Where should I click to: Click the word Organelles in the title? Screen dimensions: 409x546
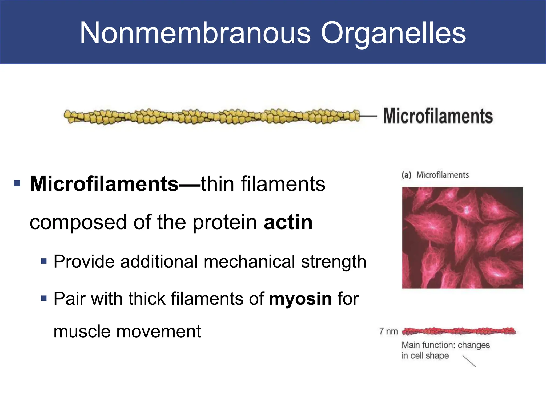tap(393, 33)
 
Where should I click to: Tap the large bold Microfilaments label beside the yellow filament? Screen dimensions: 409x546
tap(438, 116)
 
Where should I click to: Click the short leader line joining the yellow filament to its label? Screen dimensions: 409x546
tap(368, 116)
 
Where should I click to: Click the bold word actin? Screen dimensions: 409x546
tap(288, 222)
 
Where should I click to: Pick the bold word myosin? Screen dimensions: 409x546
tap(300, 298)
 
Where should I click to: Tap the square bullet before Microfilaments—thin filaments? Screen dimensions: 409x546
tap(17, 183)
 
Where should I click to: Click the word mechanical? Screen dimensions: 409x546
tap(249, 261)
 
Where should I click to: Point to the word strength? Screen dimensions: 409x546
tap(334, 261)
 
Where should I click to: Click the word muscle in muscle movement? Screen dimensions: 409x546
tap(82, 332)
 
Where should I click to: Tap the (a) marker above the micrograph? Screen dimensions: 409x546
tap(406, 175)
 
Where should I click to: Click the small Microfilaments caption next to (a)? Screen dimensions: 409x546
tap(443, 175)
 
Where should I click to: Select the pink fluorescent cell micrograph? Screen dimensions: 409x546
tap(462, 238)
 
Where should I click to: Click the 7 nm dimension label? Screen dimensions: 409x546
tap(388, 332)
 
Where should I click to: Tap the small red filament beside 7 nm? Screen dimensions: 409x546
tap(459, 331)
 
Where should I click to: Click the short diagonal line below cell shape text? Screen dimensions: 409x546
tap(469, 361)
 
